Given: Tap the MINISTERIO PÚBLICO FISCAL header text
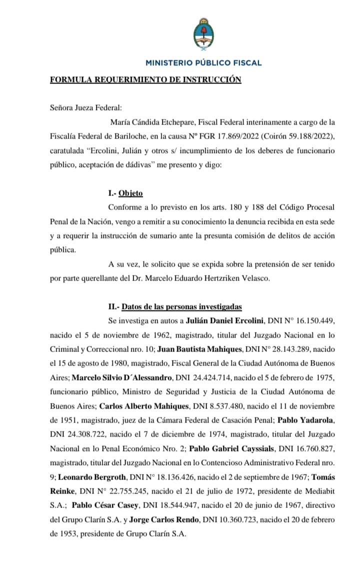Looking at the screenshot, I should [x=203, y=63].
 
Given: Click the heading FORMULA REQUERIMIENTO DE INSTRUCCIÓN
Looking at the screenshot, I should [x=145, y=79].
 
